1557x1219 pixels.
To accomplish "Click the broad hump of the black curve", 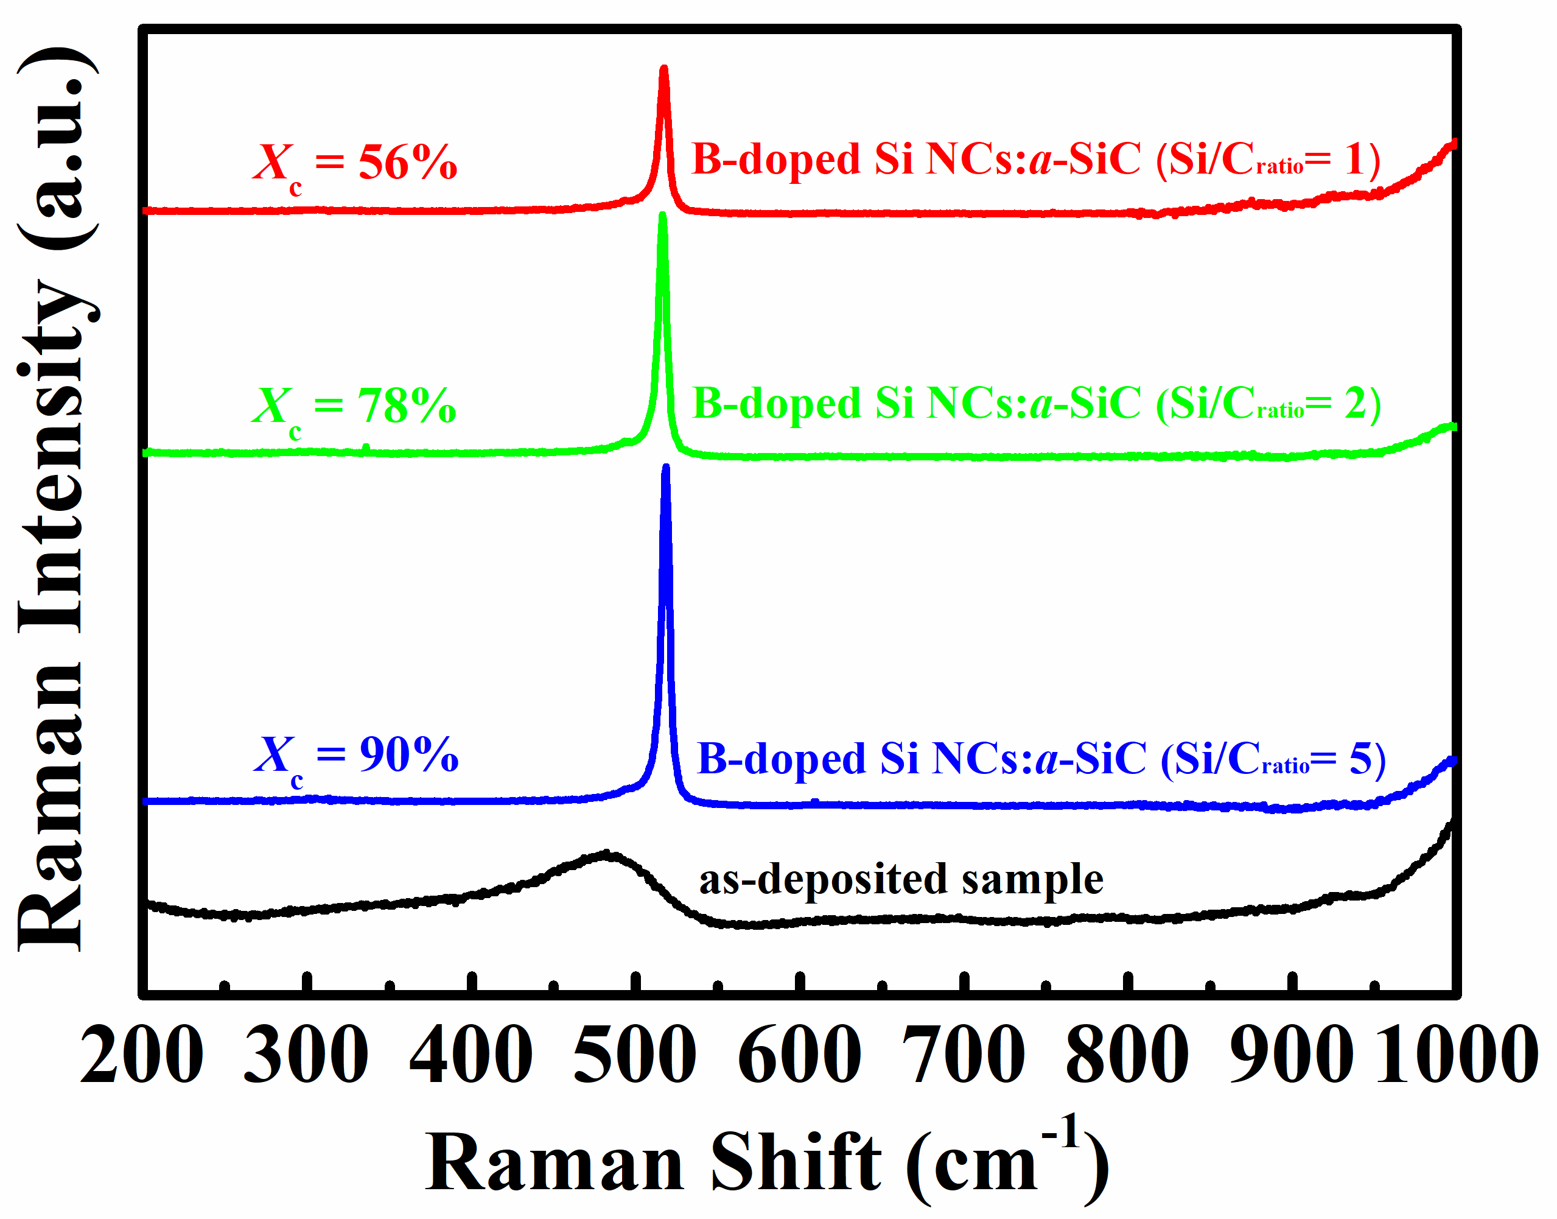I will pyautogui.click(x=605, y=855).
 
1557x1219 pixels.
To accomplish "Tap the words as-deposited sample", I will pyautogui.click(x=900, y=879).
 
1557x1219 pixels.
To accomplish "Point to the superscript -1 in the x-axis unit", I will pyautogui.click(x=1062, y=1131).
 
